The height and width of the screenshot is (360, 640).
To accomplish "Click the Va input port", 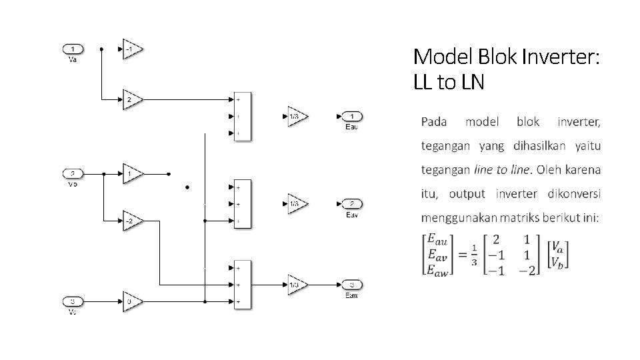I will [x=73, y=49].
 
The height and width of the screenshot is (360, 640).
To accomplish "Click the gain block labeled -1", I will [x=131, y=49].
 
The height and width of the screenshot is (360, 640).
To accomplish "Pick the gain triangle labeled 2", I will [x=131, y=100].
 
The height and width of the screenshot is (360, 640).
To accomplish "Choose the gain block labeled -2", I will [x=131, y=220].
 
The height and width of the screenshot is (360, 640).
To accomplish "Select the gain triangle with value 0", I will [x=131, y=302].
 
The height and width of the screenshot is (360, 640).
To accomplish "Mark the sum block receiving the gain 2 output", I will [x=241, y=117].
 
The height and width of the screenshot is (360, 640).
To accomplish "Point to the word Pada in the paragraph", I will [x=434, y=122].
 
